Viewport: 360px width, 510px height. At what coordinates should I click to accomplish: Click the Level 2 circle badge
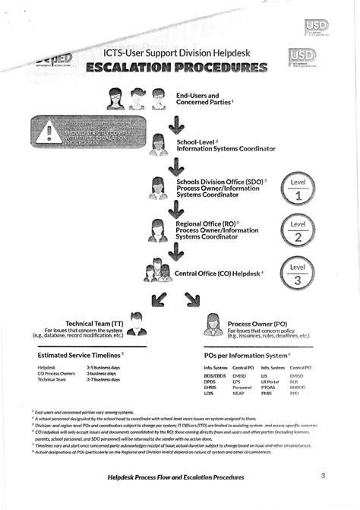(298, 231)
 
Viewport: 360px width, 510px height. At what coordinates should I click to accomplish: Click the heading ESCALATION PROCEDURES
(176, 69)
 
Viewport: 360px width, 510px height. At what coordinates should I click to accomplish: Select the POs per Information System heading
(247, 354)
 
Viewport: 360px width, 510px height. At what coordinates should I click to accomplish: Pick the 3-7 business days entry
(102, 379)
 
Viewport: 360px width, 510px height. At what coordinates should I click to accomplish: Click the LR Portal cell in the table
(270, 381)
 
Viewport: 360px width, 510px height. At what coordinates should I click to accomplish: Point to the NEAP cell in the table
(239, 393)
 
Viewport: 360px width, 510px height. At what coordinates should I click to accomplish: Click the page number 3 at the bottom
(322, 476)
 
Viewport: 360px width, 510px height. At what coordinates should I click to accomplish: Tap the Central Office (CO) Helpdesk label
(219, 273)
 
